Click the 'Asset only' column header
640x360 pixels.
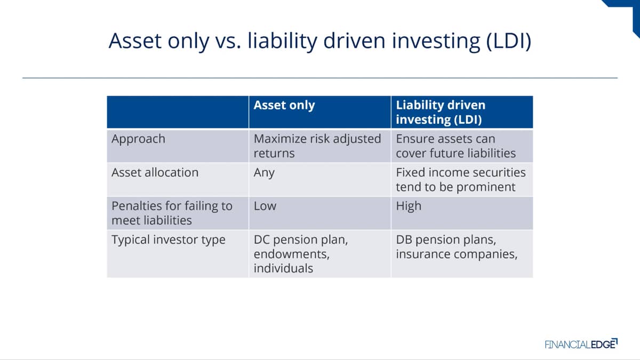(x=284, y=105)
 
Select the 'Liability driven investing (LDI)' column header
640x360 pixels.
(x=441, y=113)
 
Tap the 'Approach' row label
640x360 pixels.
(x=138, y=139)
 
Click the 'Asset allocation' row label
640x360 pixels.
(x=155, y=173)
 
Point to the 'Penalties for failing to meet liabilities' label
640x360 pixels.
(x=172, y=213)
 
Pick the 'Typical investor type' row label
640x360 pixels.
(x=169, y=239)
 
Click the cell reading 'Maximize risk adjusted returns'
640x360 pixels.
(x=317, y=146)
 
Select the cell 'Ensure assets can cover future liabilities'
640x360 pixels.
(x=455, y=146)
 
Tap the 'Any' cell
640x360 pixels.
(x=264, y=173)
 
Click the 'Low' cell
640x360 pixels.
(x=265, y=206)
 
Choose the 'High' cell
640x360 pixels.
(x=409, y=206)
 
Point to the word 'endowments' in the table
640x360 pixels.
(x=291, y=254)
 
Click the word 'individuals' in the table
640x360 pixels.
(x=283, y=268)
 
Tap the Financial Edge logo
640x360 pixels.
(x=581, y=343)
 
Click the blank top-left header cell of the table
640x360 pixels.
(x=178, y=112)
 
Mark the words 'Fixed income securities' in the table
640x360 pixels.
(x=461, y=173)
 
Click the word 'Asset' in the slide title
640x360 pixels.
(x=135, y=41)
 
